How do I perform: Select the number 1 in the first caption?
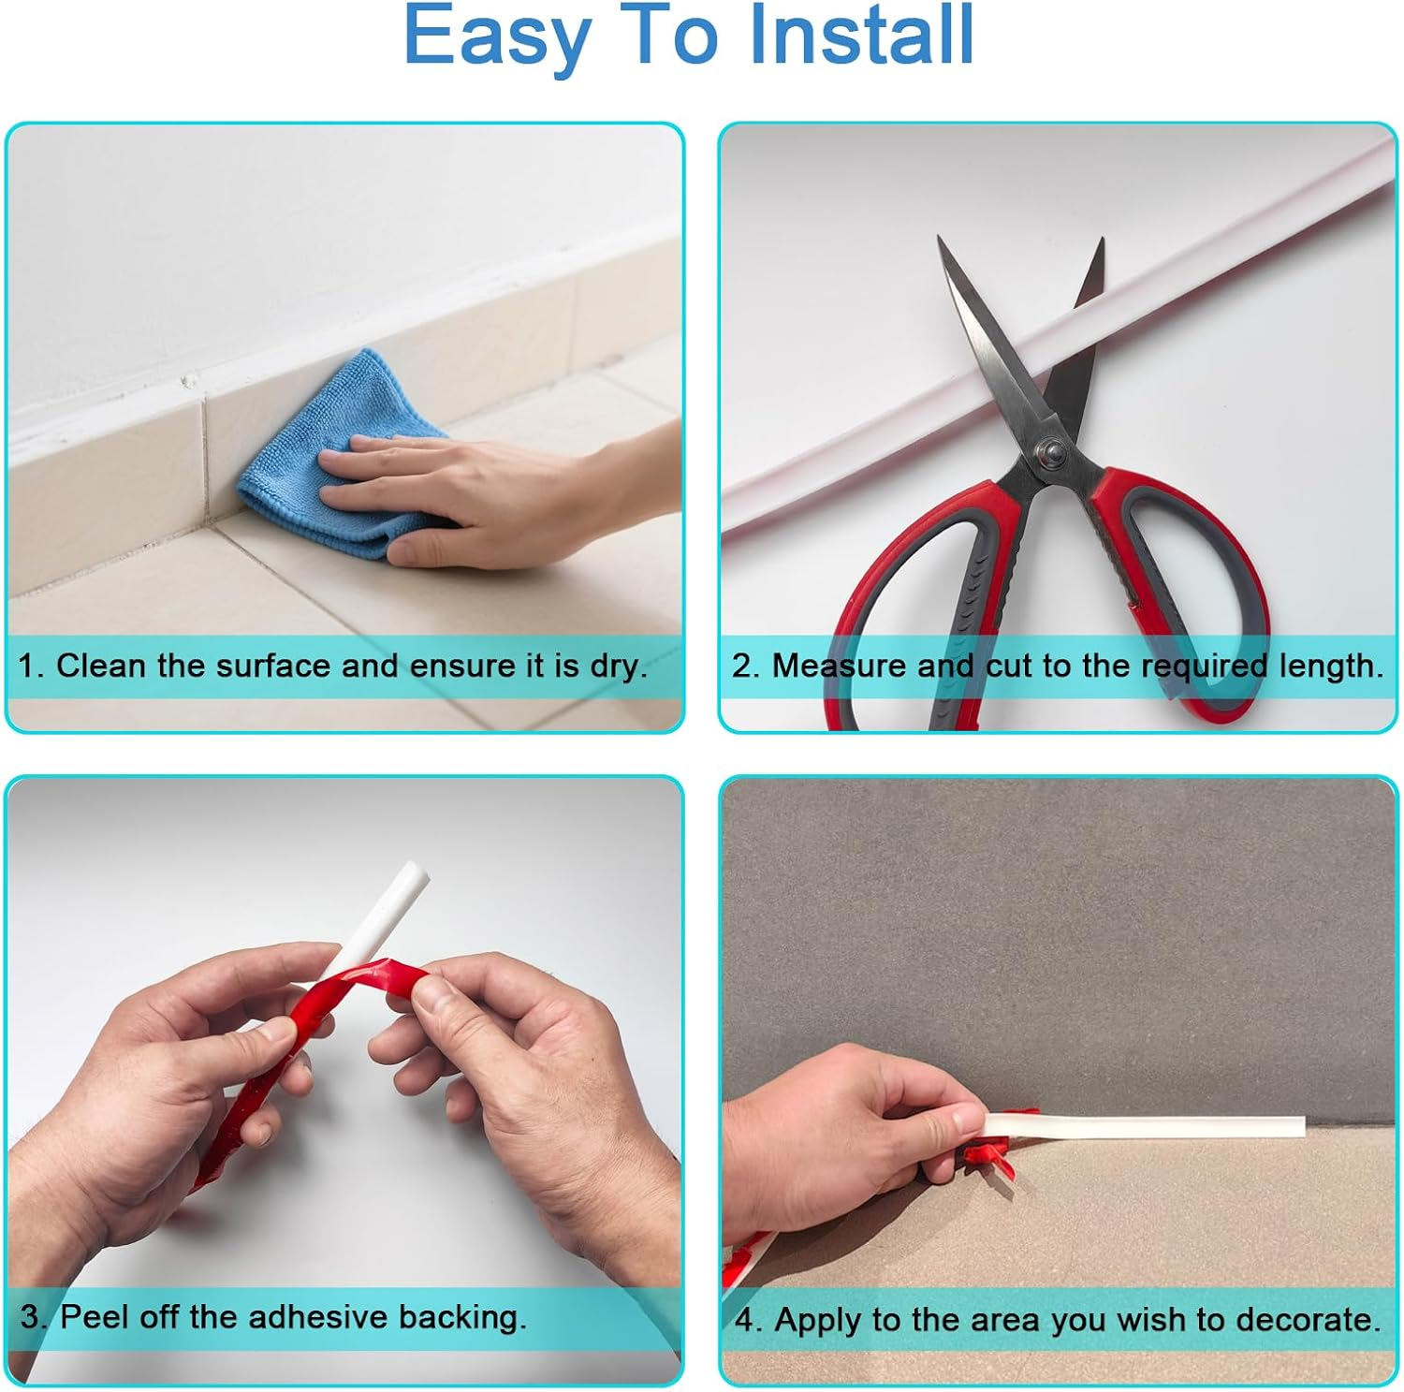[x=27, y=667]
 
